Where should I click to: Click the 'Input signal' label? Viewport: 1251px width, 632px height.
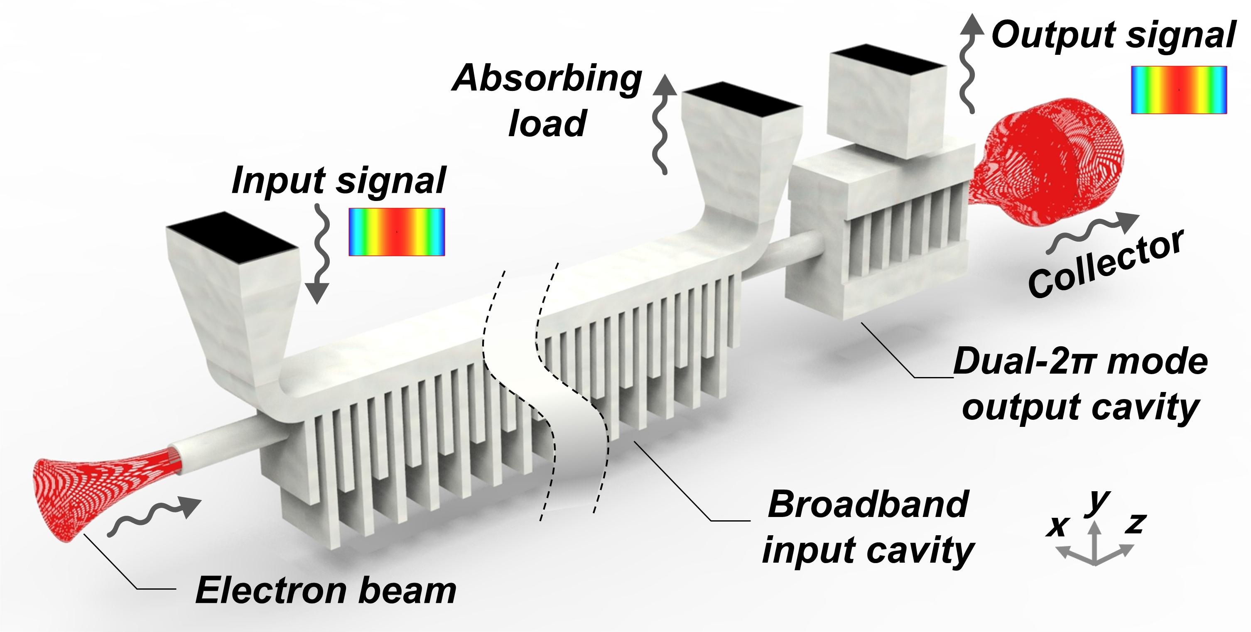click(x=339, y=181)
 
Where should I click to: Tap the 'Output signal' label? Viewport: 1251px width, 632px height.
click(x=1113, y=35)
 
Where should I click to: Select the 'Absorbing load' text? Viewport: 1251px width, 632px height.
click(x=547, y=100)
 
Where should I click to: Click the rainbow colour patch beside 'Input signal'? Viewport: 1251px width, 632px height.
click(x=397, y=232)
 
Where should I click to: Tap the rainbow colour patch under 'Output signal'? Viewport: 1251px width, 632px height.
click(x=1179, y=90)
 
